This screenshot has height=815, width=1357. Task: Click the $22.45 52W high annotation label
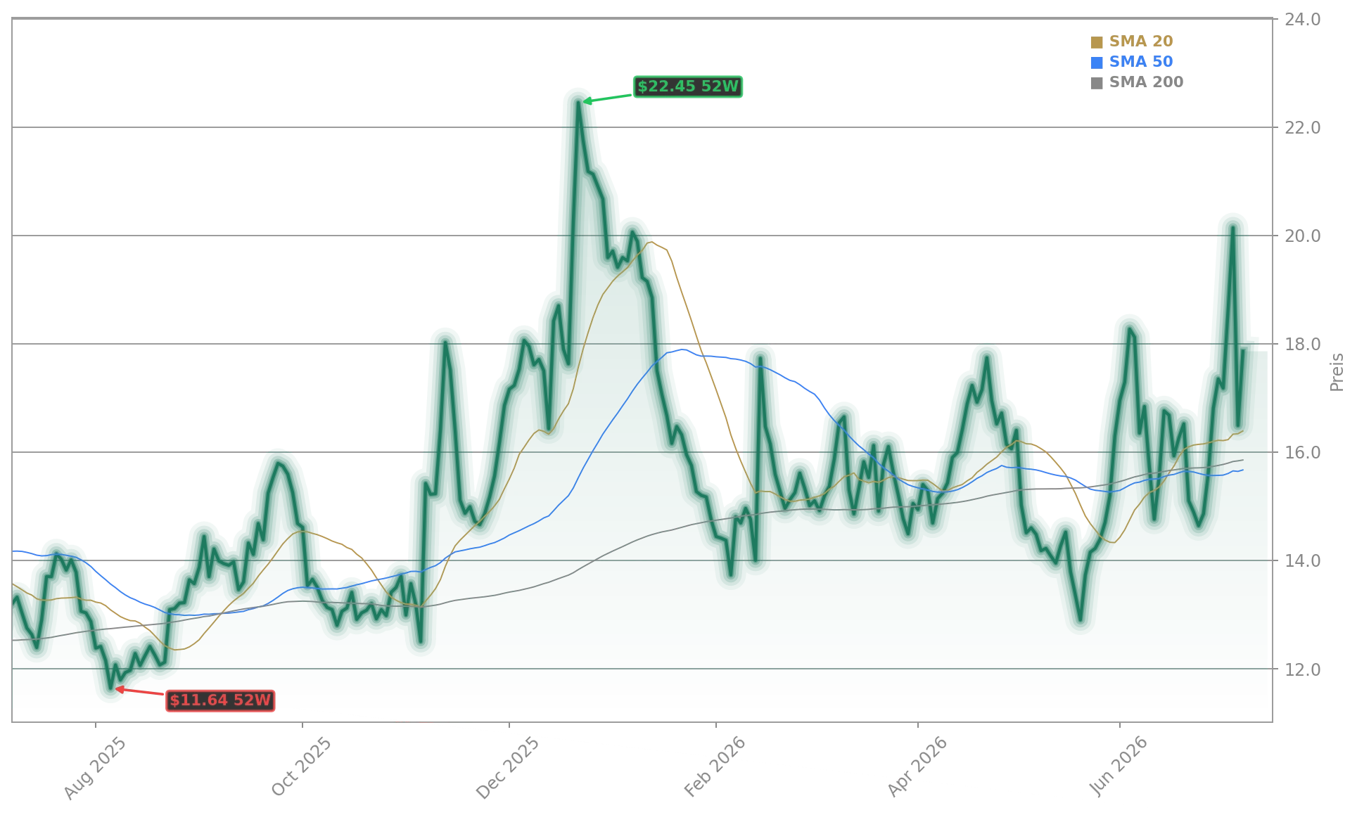pos(687,86)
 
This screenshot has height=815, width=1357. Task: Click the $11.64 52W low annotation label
pos(220,700)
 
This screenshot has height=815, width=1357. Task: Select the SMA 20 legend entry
pos(1132,41)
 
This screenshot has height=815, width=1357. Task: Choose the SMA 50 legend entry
pos(1132,62)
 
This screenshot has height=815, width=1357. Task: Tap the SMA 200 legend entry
pos(1137,82)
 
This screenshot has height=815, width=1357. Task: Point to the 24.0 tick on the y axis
pos(1302,20)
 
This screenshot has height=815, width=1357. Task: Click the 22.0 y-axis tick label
pos(1302,128)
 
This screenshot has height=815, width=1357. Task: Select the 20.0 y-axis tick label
pos(1302,236)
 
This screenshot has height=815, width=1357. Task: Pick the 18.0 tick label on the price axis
pos(1302,345)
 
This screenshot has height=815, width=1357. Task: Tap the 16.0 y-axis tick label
pos(1302,453)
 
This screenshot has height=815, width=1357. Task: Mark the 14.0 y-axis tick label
pos(1302,561)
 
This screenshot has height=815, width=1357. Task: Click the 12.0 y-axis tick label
pos(1302,669)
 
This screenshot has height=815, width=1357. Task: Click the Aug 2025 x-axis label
pos(95,768)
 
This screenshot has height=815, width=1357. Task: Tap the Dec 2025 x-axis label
pos(508,768)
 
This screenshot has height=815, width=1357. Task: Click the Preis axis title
pos(1337,372)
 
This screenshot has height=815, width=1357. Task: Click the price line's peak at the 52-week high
pos(578,102)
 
